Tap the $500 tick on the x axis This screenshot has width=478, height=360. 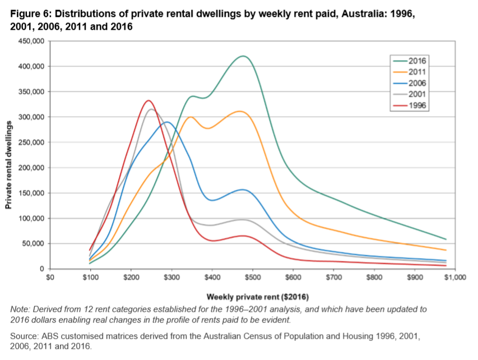coord(252,277)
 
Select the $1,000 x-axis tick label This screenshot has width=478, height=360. coord(454,277)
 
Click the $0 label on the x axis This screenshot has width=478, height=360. coord(50,277)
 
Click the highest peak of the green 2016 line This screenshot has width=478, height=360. coord(243,56)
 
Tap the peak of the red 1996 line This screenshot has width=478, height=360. coord(148,101)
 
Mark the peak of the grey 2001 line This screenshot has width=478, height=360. coord(150,109)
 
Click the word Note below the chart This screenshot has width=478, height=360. coord(20,310)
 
